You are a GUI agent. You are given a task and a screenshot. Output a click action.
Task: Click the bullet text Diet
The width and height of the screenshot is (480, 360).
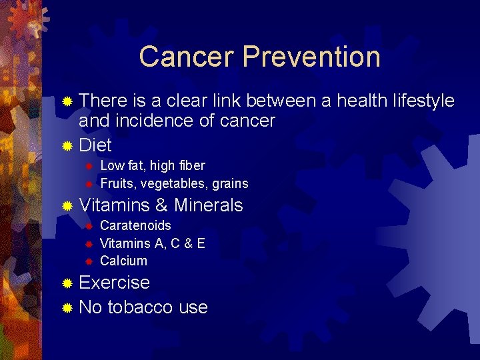click(x=95, y=145)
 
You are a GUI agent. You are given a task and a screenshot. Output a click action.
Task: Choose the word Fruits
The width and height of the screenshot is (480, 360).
click(x=115, y=183)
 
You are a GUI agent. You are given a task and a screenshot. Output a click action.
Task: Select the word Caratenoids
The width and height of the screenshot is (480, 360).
click(x=135, y=225)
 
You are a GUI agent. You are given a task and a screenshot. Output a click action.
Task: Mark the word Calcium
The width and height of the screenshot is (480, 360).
click(x=123, y=261)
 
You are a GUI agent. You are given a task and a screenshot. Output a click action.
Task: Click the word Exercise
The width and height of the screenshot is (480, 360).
click(x=114, y=283)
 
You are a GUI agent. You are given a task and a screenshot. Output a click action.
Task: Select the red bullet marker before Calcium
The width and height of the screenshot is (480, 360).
click(x=87, y=261)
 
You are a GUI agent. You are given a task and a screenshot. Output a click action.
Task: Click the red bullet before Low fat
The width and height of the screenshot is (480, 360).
click(x=87, y=166)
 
